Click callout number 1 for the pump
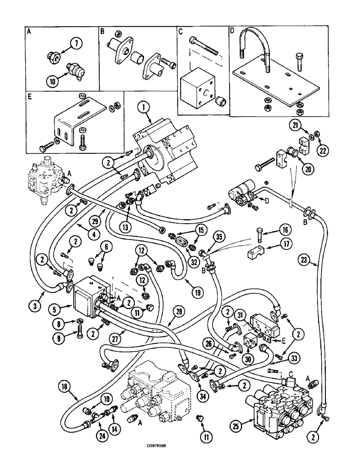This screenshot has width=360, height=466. point(143,109)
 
